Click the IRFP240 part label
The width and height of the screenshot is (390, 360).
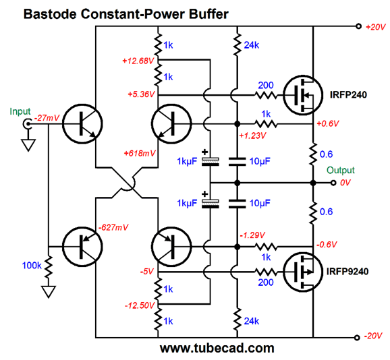click(348, 94)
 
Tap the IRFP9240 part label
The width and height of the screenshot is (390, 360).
click(347, 271)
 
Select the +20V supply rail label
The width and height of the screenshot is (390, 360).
click(376, 27)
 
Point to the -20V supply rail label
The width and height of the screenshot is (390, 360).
click(373, 336)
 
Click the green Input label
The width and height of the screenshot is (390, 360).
click(20, 111)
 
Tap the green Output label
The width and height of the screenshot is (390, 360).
click(341, 170)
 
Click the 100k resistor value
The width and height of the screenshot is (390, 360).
click(32, 266)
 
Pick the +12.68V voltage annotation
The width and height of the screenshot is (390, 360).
click(138, 61)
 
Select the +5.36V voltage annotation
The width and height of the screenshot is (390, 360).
click(141, 94)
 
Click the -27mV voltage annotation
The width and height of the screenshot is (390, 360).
click(47, 117)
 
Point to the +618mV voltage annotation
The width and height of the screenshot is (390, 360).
click(140, 153)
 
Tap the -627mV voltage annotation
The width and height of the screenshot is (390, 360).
click(113, 227)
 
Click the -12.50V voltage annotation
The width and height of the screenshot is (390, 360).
click(140, 305)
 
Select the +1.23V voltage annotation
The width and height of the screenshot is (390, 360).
click(252, 136)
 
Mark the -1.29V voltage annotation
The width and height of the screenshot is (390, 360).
click(252, 235)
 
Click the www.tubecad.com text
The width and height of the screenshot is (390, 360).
click(217, 349)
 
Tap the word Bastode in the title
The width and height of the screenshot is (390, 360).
click(50, 14)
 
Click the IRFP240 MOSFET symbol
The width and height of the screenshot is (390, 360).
click(303, 95)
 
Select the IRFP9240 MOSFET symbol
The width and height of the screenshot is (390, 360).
click(303, 272)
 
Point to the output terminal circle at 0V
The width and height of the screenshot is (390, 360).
click(333, 183)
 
